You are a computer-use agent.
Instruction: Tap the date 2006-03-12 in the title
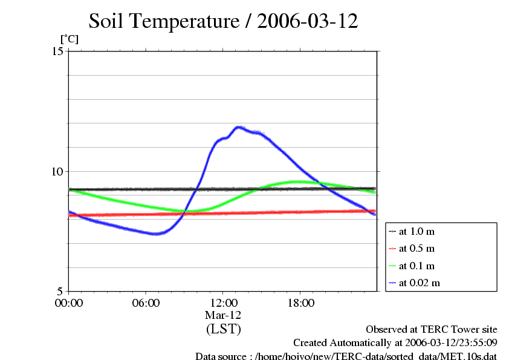(x=308, y=21)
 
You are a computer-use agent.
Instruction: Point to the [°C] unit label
(x=69, y=39)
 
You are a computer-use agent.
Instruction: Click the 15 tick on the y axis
(x=58, y=51)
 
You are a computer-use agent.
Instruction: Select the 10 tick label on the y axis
(x=58, y=171)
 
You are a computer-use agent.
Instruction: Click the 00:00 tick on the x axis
(x=69, y=303)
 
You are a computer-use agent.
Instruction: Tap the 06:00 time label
(x=146, y=303)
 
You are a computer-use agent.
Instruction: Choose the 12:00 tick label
(x=223, y=303)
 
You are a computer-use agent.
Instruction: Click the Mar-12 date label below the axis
(x=223, y=315)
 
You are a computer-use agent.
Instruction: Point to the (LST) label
(x=223, y=329)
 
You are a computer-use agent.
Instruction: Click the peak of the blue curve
(x=239, y=127)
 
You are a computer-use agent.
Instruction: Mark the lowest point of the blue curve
(x=157, y=234)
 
